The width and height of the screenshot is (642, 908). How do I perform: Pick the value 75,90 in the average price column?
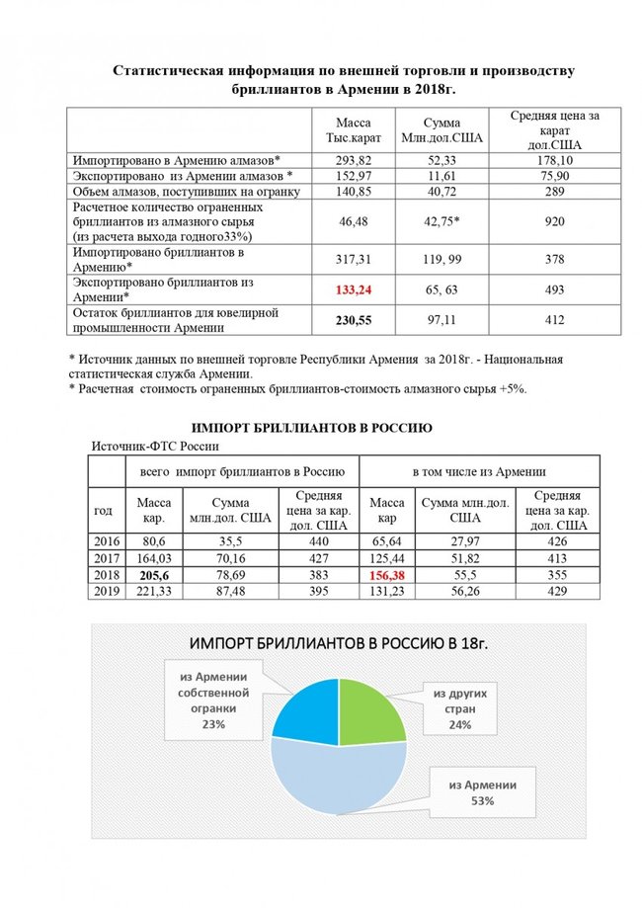point(553,176)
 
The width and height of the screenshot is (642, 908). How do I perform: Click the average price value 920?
point(553,222)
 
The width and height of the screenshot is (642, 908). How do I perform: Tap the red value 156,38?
point(386,575)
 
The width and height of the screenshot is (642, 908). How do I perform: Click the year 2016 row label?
point(104,541)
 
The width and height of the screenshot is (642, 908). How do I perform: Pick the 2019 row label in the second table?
point(104,591)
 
